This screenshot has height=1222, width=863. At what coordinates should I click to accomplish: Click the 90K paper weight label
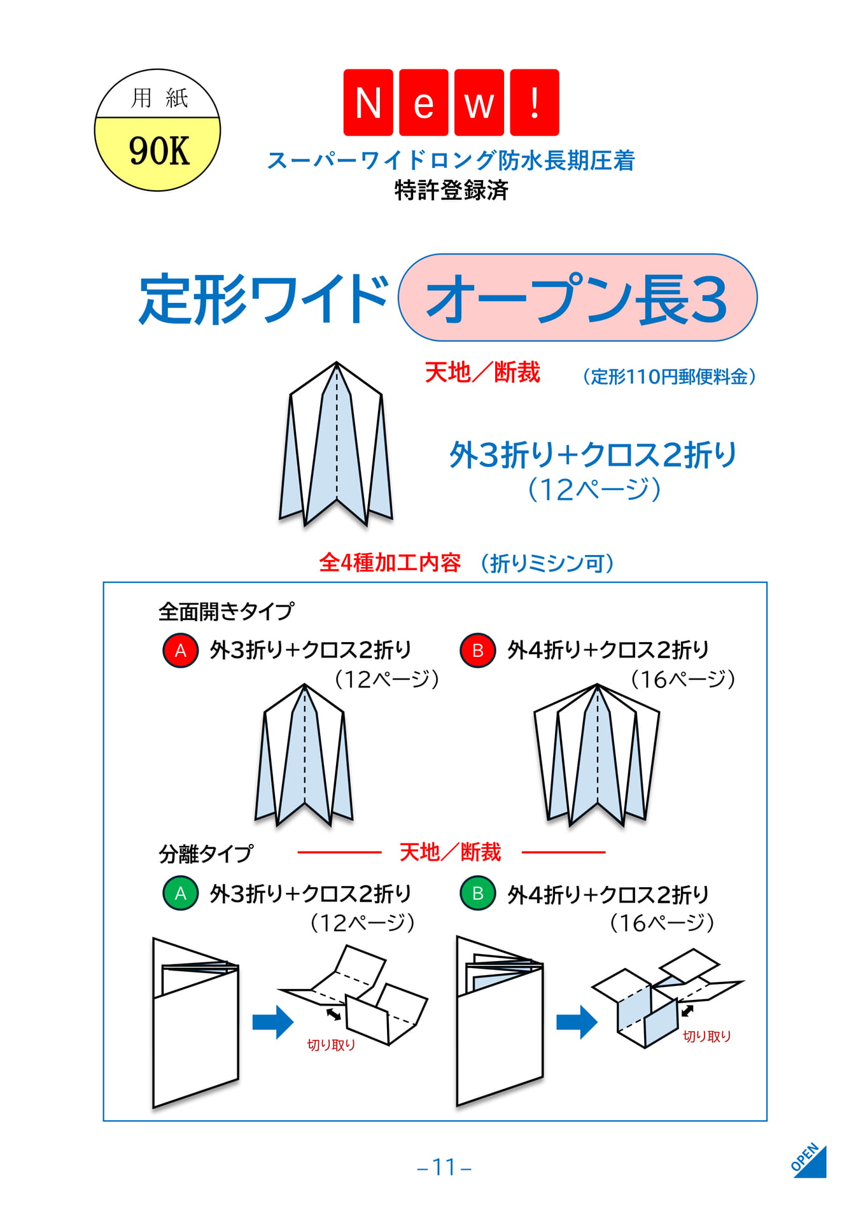(158, 151)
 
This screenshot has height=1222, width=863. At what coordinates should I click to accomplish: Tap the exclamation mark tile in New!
(535, 102)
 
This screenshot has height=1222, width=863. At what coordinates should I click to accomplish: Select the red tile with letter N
(368, 102)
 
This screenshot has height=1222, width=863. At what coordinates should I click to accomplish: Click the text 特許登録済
(451, 190)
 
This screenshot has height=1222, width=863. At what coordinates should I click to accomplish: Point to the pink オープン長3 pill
(577, 298)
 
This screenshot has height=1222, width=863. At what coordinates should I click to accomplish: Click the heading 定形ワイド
(263, 299)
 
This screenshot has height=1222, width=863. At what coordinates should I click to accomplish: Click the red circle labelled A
(181, 650)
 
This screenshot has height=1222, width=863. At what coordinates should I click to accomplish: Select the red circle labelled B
(478, 650)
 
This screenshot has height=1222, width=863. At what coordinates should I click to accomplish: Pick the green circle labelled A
(181, 893)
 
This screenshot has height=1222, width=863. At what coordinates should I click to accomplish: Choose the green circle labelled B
(478, 893)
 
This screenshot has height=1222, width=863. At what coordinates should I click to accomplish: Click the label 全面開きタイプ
(227, 612)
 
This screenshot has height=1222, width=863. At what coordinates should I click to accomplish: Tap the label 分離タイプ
(206, 853)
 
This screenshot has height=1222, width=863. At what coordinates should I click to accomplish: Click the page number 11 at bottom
(444, 1167)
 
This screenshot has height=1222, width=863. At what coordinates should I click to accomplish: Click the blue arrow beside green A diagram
(273, 1023)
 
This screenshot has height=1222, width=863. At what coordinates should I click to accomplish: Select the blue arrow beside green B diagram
(577, 1023)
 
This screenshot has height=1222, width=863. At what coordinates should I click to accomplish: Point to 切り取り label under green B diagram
(706, 1036)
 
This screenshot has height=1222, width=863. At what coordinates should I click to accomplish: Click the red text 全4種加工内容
(389, 563)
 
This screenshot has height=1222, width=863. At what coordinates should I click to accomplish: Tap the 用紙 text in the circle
(159, 98)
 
